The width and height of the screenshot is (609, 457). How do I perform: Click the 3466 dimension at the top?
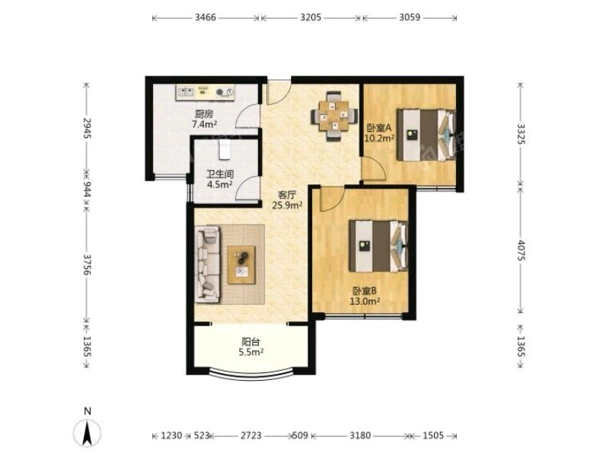(x=206, y=18)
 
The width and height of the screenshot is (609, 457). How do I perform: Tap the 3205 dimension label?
(x=311, y=18)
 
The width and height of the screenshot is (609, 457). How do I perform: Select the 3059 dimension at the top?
(x=410, y=18)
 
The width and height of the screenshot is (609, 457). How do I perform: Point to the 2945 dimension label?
(x=87, y=128)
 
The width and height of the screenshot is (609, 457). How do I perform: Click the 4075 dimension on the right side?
(x=521, y=251)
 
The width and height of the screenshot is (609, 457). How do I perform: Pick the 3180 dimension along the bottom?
(x=360, y=435)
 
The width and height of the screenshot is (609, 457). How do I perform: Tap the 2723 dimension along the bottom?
(x=251, y=435)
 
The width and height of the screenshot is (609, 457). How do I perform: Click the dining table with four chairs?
(x=334, y=116)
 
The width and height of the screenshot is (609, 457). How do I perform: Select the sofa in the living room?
(x=207, y=264)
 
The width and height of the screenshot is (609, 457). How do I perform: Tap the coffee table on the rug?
(x=241, y=264)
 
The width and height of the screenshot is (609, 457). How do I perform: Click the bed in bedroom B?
(x=378, y=245)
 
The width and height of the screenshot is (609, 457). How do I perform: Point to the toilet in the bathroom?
(x=225, y=149)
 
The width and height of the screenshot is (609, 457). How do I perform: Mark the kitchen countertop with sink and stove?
(x=206, y=92)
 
